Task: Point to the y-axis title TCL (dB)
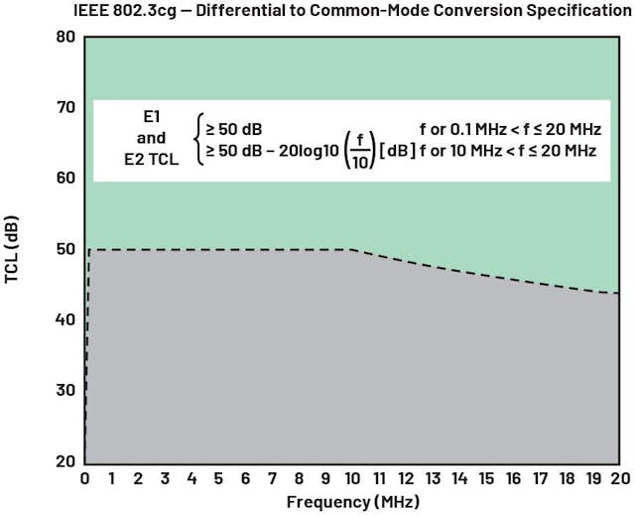pos(13,250)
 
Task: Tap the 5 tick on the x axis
pos(218,478)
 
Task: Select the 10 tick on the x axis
pos(352,478)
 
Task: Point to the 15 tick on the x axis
pos(486,478)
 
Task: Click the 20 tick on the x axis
pos(620,478)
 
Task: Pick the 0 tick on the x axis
pos(84,478)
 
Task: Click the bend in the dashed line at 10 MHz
pos(352,250)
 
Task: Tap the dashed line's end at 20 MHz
pos(620,293)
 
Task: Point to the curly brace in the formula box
pos(199,140)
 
